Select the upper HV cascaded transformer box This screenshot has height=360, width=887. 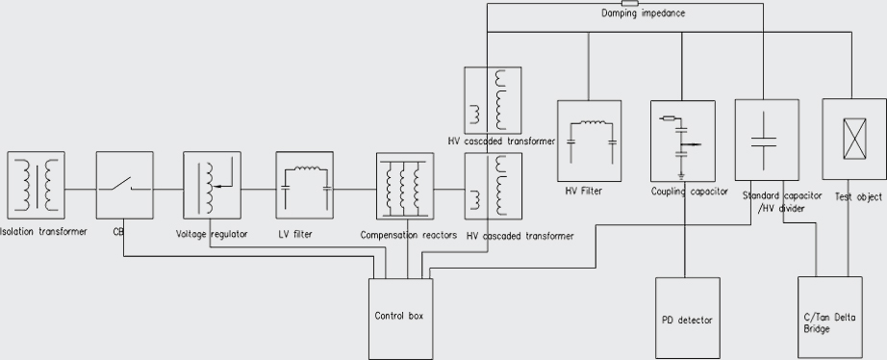tap(493, 100)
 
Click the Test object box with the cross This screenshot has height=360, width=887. tap(850, 141)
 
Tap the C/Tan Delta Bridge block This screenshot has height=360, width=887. tap(829, 319)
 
